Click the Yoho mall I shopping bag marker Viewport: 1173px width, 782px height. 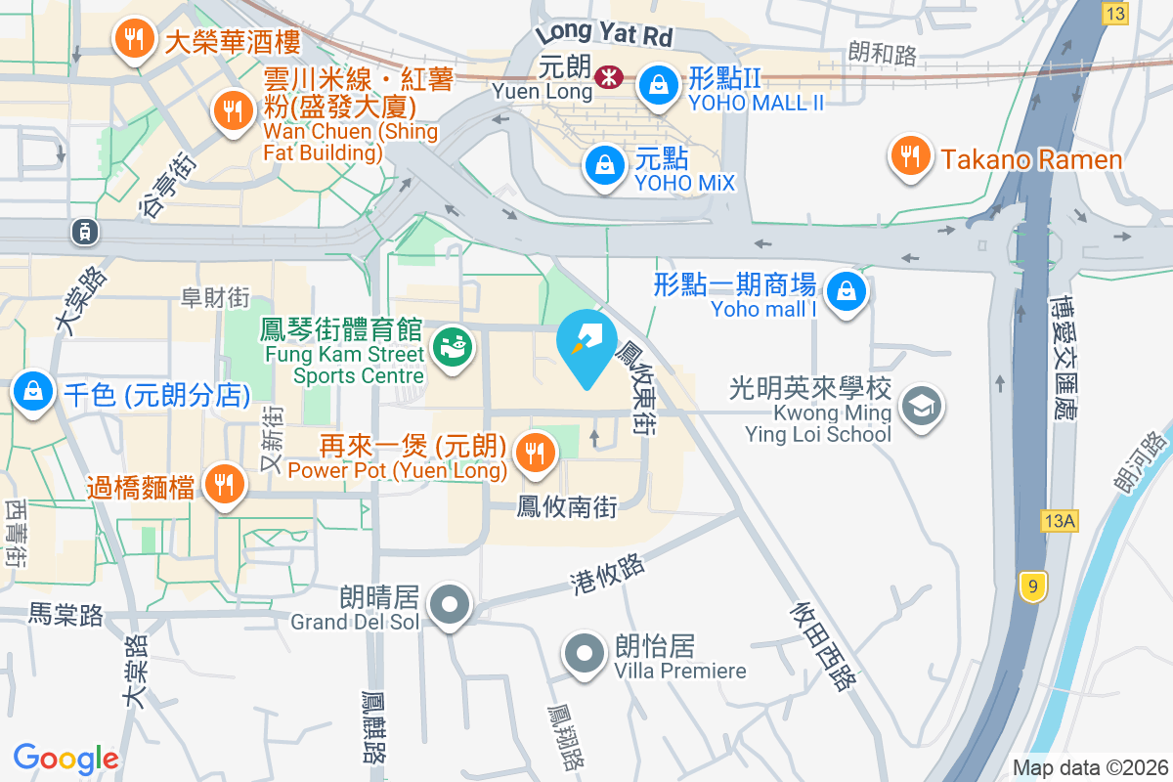tap(845, 291)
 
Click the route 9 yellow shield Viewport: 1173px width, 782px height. tap(1031, 586)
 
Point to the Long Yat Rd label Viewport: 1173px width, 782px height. tap(604, 33)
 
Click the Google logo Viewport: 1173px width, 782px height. tap(65, 758)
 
